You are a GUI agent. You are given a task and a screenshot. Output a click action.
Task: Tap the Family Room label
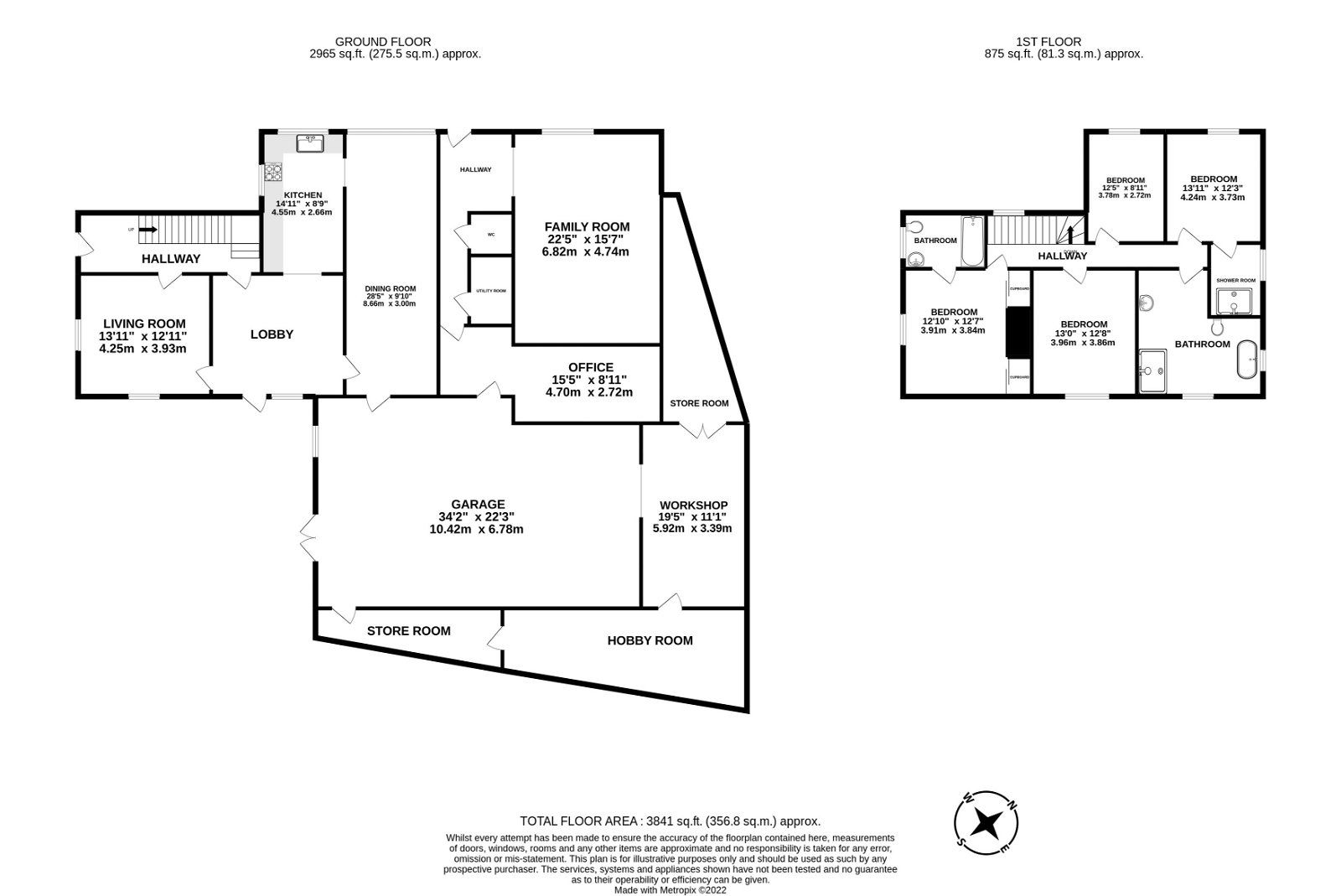pyautogui.click(x=587, y=226)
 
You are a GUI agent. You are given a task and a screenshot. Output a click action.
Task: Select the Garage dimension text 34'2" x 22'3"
pyautogui.click(x=478, y=516)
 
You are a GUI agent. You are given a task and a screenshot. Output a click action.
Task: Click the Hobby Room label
pyautogui.click(x=650, y=640)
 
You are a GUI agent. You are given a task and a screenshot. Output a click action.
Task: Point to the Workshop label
pyautogui.click(x=693, y=505)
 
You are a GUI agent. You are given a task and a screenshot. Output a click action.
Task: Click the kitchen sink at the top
pyautogui.click(x=310, y=142)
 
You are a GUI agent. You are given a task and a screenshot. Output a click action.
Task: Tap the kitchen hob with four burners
pyautogui.click(x=273, y=173)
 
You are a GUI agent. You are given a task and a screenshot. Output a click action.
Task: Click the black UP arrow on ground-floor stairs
pyautogui.click(x=148, y=228)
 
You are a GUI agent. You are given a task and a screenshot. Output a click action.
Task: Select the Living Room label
pyautogui.click(x=144, y=324)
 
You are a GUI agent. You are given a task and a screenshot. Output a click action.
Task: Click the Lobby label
pyautogui.click(x=272, y=334)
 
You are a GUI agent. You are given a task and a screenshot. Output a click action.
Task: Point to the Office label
pyautogui.click(x=590, y=367)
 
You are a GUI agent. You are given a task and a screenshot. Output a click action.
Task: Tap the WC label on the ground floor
pyautogui.click(x=491, y=235)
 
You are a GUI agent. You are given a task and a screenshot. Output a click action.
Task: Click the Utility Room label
pyautogui.click(x=491, y=291)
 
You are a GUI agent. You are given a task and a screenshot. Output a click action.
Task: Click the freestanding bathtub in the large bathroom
pyautogui.click(x=1248, y=359)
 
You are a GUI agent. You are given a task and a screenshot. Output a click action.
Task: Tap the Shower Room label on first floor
pyautogui.click(x=1236, y=280)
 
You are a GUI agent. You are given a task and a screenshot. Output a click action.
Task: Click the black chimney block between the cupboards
pyautogui.click(x=1017, y=333)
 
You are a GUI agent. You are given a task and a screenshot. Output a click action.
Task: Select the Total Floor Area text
pyautogui.click(x=670, y=821)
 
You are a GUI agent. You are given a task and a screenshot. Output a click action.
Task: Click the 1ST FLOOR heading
pyautogui.click(x=1048, y=41)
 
